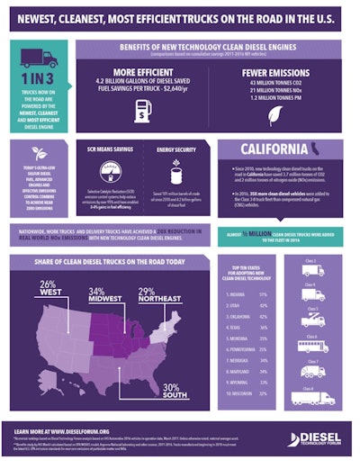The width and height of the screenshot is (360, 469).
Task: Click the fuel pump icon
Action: pyautogui.click(x=143, y=113)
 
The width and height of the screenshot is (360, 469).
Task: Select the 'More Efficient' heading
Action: pyautogui.click(x=144, y=75)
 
